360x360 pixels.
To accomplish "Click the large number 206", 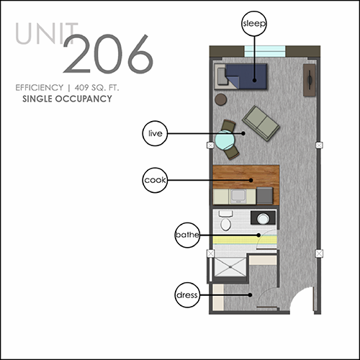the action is point(108,54).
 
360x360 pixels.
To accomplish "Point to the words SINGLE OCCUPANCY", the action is point(67,99).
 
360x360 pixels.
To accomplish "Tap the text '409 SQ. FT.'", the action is point(96,88).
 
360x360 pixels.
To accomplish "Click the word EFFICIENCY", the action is point(40,88).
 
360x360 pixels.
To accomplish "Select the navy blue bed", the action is point(246,76).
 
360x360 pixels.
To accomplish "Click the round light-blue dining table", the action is point(225,140).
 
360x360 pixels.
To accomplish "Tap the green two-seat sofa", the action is point(261,123).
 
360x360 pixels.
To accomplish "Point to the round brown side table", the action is point(220,99).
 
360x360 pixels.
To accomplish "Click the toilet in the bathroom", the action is point(225,221).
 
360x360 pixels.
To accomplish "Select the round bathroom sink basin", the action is point(263,219).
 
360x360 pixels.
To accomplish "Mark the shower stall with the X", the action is point(230,267).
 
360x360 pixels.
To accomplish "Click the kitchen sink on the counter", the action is point(238,196).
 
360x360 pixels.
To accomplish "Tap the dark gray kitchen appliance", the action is point(265,196).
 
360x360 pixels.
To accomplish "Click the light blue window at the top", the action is point(265,51).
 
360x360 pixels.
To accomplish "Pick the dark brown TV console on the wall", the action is point(310,80).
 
